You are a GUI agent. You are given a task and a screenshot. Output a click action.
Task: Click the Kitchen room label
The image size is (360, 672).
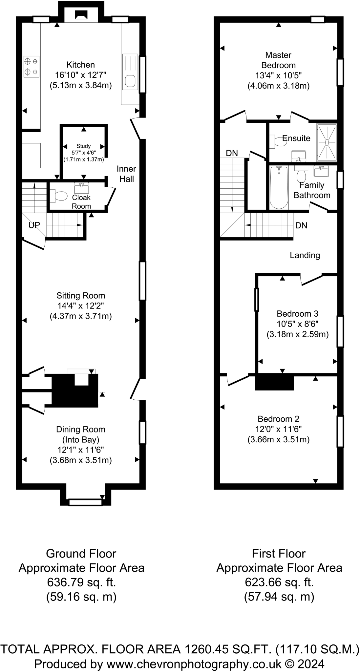[81, 65]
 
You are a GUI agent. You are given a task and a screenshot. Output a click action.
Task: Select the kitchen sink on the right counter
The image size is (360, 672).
[130, 72]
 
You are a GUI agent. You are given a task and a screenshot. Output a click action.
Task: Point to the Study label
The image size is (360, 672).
[83, 146]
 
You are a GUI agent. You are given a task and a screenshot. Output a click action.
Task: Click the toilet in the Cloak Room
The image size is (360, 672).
[58, 196]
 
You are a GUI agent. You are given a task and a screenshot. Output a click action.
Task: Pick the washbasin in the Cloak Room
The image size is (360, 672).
[81, 188]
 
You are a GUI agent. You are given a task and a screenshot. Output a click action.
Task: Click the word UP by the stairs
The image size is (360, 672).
[34, 225]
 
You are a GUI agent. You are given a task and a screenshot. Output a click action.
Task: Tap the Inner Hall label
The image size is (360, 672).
[126, 174]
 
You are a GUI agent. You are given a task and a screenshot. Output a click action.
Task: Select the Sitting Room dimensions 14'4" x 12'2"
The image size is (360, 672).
[81, 306]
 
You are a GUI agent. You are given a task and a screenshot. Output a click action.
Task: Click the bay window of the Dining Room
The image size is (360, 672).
[85, 502]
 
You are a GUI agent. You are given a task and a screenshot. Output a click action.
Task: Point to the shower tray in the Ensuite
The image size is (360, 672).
[327, 142]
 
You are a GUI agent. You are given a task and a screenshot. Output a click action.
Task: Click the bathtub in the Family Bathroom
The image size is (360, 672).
[279, 188]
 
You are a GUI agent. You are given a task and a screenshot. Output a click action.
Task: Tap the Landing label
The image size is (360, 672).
[305, 255]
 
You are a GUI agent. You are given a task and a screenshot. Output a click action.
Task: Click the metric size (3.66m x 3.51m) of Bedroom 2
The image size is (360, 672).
[279, 439]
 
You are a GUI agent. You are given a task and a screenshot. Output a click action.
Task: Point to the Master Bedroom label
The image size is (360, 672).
[278, 60]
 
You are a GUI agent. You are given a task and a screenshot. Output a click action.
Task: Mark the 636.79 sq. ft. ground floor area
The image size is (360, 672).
[81, 582]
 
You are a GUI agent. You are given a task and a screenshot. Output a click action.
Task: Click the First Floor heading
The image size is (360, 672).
[279, 554]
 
